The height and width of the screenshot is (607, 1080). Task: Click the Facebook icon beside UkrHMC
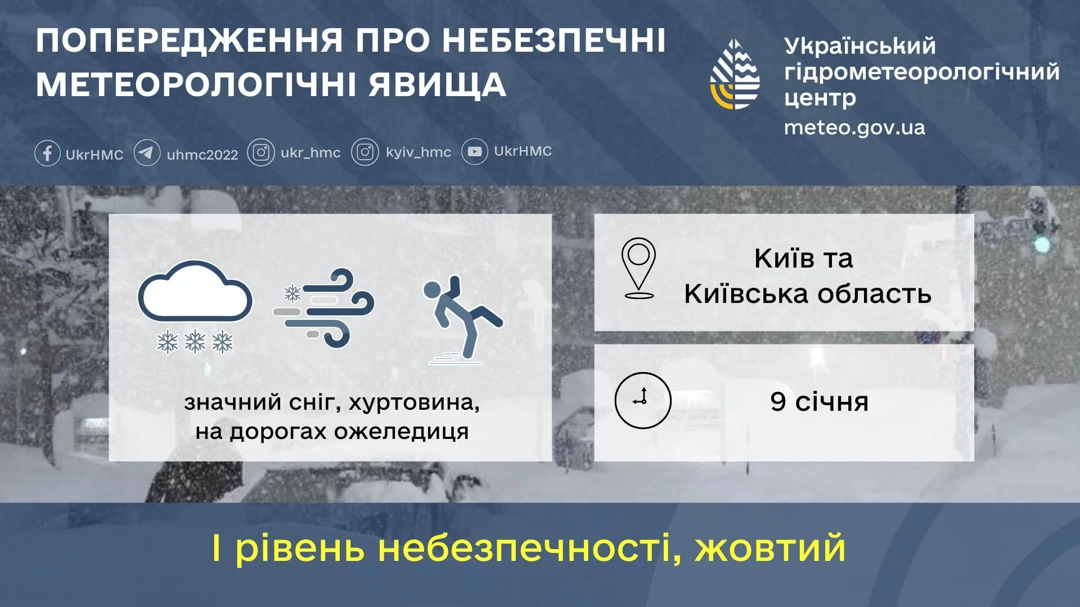[x=47, y=153]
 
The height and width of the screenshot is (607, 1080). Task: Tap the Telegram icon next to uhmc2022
[x=147, y=153]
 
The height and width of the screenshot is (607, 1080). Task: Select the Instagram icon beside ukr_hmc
[x=261, y=153]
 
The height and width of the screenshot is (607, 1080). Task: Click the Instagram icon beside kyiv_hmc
[x=365, y=152]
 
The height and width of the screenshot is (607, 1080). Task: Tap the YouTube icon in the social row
[x=474, y=152]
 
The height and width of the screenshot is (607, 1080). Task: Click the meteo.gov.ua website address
[x=854, y=128]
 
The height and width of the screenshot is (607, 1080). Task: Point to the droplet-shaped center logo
[x=735, y=75]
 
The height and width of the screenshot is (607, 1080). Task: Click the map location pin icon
[x=638, y=268]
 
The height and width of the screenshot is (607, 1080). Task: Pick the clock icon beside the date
[x=642, y=400]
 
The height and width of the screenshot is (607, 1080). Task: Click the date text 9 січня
[x=819, y=402]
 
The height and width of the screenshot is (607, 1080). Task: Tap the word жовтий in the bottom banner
[x=770, y=548]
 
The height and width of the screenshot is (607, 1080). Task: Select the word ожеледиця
[x=401, y=432]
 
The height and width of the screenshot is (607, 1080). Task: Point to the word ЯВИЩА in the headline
[x=437, y=84]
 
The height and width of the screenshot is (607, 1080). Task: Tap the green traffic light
[x=1043, y=244]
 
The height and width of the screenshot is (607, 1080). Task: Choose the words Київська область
[x=807, y=294]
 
